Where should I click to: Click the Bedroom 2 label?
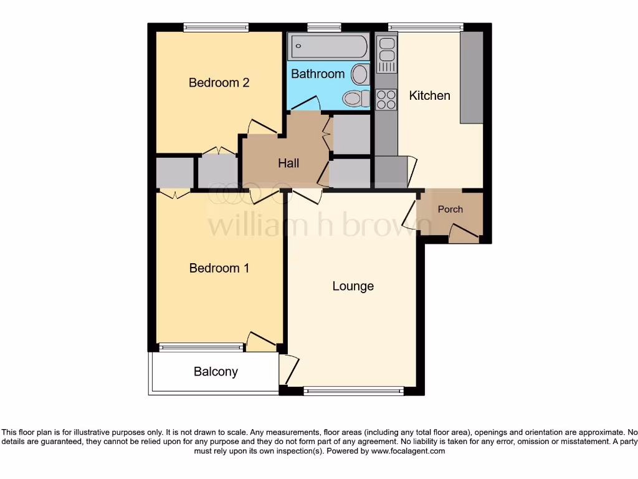219,82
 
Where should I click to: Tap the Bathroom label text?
318,74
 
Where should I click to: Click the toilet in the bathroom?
355,99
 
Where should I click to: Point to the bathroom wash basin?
359,75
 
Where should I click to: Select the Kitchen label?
429,95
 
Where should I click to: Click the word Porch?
450,209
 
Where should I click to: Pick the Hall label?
288,163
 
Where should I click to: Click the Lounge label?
353,286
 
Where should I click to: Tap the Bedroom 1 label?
219,268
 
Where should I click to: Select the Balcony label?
216,372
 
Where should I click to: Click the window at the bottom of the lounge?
353,391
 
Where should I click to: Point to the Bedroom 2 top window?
216,27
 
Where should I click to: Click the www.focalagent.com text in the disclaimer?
409,450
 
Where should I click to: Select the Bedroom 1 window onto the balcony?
201,347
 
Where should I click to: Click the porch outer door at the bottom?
464,236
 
